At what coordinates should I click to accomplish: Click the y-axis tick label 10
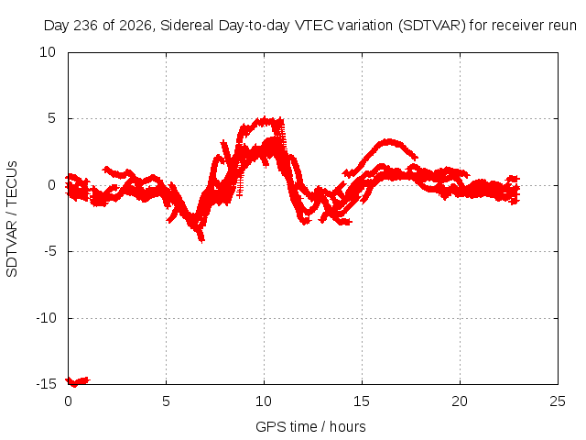pos(48,52)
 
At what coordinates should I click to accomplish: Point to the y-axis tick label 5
pos(51,118)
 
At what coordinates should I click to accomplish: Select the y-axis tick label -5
pos(49,251)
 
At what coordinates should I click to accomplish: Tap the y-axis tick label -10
pos(46,318)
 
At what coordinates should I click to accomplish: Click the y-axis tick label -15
pos(46,384)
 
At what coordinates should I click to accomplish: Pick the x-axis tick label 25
pos(558,401)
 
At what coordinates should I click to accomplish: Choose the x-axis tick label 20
pos(460,401)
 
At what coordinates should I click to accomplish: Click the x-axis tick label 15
pos(362,401)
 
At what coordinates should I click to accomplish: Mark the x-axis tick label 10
pos(264,401)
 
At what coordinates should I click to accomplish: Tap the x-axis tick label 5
pos(166,401)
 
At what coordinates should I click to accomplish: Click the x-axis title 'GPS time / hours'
pos(310,427)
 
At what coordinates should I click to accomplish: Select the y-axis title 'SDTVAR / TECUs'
pos(12,219)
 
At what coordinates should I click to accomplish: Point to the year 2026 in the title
pos(136,26)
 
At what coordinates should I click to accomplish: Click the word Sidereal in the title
pos(187,26)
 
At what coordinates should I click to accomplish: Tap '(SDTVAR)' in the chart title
pos(432,26)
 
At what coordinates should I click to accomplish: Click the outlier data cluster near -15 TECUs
pos(78,381)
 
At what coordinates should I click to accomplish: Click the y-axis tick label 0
pos(51,185)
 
